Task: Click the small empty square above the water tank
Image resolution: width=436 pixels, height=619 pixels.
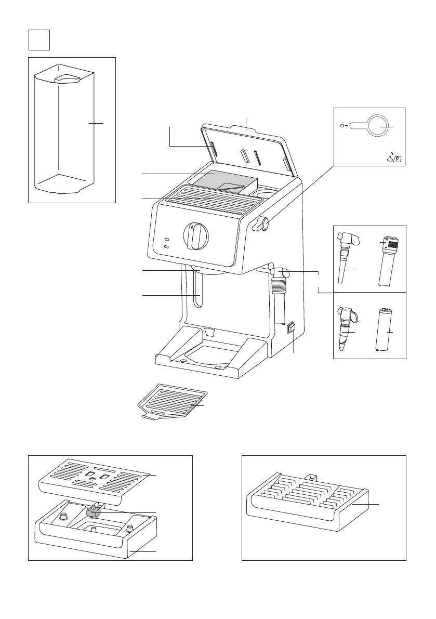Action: click(x=39, y=39)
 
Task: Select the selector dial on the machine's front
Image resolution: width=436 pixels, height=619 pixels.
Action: click(x=196, y=236)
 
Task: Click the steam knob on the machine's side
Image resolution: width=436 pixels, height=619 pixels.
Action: click(x=263, y=224)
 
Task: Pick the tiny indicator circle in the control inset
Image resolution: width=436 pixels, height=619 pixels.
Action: click(x=341, y=125)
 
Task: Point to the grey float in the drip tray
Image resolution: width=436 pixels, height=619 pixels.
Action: click(x=93, y=512)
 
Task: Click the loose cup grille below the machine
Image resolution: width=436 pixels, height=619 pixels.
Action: click(x=171, y=403)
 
